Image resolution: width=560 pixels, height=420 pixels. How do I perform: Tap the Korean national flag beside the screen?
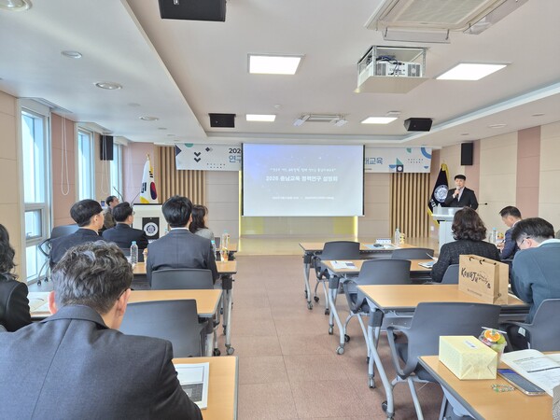pos(148,184)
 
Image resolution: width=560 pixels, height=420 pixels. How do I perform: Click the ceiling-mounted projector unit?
pos(391,68)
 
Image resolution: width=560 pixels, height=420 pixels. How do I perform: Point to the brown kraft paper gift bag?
pos(483,278)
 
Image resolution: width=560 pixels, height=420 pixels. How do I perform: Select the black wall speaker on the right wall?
pos(467,153)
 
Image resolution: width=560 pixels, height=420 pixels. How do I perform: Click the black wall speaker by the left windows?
pos(107,147)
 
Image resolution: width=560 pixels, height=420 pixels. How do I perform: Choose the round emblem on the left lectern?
pos(150,229)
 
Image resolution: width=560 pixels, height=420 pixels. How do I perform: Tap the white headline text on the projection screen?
pos(301,177)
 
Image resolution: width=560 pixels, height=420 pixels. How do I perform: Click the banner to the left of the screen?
pos(207,157)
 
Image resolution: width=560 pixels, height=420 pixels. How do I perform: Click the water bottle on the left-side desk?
pos(133,253)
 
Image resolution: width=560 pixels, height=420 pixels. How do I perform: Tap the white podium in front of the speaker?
pos(445,224)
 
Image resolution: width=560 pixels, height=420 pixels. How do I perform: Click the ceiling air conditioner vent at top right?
pos(439,16)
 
